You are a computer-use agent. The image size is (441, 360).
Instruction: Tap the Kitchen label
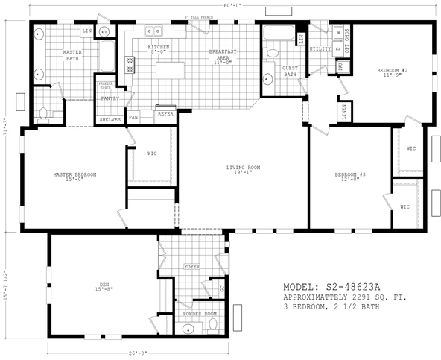(x=159, y=48)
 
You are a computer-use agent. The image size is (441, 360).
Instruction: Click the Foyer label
(x=192, y=266)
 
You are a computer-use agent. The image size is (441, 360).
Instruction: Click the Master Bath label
(x=72, y=54)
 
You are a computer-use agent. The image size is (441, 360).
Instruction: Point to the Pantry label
(x=110, y=98)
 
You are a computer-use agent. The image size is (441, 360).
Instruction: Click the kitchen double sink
(x=155, y=31)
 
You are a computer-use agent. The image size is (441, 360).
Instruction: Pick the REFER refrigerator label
(x=165, y=114)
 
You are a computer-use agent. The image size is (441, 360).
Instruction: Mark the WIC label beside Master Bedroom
(x=151, y=154)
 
